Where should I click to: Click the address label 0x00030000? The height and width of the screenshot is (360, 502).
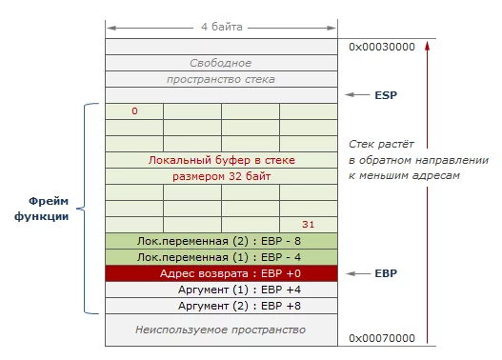(x=382, y=46)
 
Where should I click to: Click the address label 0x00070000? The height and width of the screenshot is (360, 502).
(x=382, y=338)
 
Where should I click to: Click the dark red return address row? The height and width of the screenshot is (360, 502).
(x=221, y=273)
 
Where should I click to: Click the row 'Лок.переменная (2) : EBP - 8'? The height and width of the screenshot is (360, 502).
(x=221, y=241)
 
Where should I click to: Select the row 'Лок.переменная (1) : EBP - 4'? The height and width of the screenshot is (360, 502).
(x=221, y=257)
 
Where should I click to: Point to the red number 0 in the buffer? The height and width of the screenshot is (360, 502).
(x=134, y=111)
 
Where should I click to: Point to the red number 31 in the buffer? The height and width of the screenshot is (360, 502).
(x=307, y=225)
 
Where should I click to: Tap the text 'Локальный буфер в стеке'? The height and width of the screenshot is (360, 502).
(x=221, y=160)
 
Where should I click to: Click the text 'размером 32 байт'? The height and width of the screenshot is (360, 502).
(x=221, y=176)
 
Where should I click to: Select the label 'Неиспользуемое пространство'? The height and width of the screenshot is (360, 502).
(x=221, y=330)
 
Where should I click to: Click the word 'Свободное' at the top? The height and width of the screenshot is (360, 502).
(x=221, y=63)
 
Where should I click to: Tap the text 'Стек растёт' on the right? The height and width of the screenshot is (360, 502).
(x=377, y=144)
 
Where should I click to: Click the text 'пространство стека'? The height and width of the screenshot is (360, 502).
(x=221, y=79)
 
